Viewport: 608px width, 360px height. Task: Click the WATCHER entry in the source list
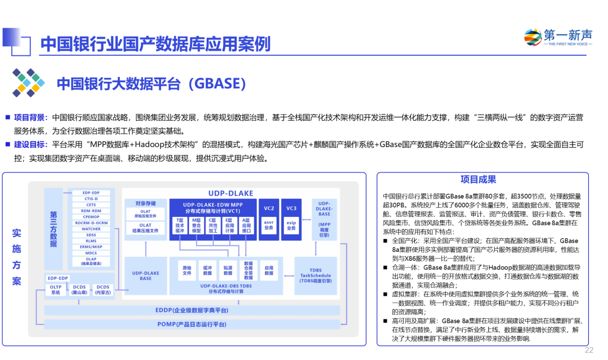(91, 229)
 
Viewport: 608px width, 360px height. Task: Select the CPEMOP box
(91, 217)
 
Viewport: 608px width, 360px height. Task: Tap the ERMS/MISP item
(91, 247)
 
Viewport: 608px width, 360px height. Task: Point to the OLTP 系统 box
(55, 290)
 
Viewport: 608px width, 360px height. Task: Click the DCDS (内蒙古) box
(103, 290)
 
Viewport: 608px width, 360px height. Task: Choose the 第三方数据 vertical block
(53, 229)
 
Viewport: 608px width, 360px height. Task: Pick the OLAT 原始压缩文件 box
(146, 214)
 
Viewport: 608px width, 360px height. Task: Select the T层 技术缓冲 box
(180, 225)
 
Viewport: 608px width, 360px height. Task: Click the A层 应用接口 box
(246, 225)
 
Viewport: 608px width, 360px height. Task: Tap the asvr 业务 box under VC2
(269, 225)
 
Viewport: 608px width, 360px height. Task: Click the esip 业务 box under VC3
(291, 225)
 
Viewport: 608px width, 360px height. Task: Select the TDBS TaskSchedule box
(315, 275)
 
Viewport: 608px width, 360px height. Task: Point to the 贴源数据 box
(228, 270)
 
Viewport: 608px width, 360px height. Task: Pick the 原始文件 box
(187, 270)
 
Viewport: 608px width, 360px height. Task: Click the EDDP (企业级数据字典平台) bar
(192, 310)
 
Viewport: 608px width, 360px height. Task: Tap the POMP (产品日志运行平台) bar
(192, 324)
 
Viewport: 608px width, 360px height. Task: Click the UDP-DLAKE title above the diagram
(231, 193)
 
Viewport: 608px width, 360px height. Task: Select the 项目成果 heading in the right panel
(479, 180)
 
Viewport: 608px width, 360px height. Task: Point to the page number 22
(589, 350)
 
